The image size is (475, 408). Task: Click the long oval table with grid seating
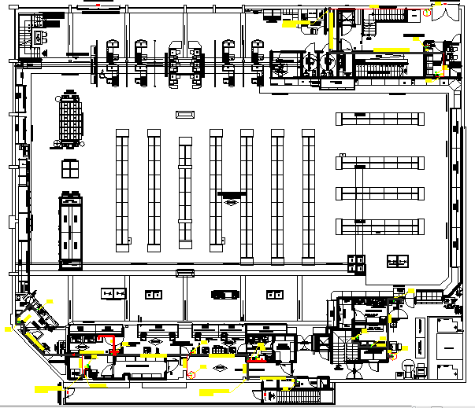point(72,119)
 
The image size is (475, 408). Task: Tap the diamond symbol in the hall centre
point(232,203)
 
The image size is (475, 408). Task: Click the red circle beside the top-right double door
point(425,13)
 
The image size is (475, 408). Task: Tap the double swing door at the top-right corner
point(443,11)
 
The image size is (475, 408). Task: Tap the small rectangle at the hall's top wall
point(184,115)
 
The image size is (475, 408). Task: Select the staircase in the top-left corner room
point(36,35)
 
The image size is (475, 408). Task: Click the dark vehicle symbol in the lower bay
point(225,294)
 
